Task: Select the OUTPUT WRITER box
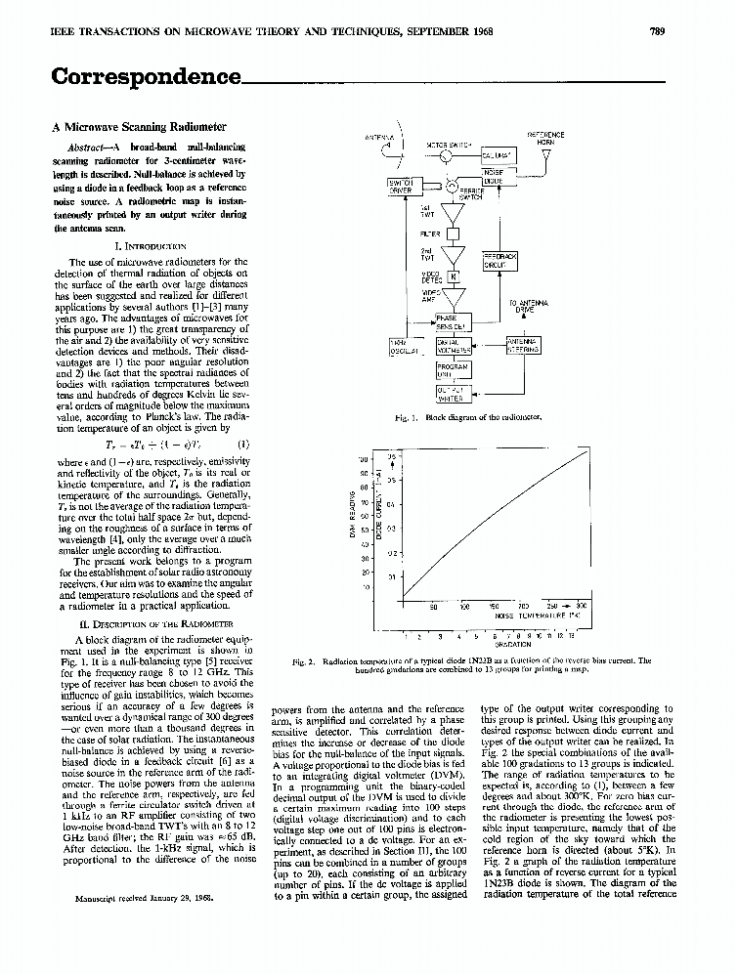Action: pyautogui.click(x=452, y=394)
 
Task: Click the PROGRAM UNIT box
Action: pyautogui.click(x=452, y=369)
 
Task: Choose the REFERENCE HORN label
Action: pyautogui.click(x=545, y=138)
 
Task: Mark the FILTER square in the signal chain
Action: pyautogui.click(x=453, y=234)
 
